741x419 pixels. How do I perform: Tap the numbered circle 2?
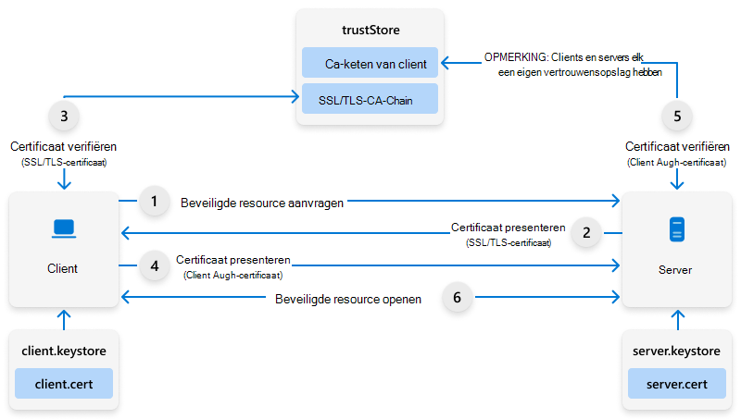[586, 233]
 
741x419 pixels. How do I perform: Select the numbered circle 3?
[63, 117]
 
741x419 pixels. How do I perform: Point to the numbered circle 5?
[678, 117]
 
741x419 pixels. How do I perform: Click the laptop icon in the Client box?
[63, 228]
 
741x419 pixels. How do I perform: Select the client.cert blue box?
[63, 383]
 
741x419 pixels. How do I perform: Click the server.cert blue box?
[677, 383]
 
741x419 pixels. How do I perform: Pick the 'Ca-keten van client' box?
[370, 64]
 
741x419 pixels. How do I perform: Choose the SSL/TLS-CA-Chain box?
[370, 98]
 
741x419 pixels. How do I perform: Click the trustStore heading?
[370, 31]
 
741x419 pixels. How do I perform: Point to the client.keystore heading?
[63, 352]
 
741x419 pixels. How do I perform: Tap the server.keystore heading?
[677, 352]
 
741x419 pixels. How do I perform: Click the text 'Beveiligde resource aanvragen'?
[262, 201]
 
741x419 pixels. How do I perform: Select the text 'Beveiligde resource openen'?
[349, 299]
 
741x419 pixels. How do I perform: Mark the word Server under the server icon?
[677, 270]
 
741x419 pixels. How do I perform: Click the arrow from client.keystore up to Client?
[63, 319]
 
